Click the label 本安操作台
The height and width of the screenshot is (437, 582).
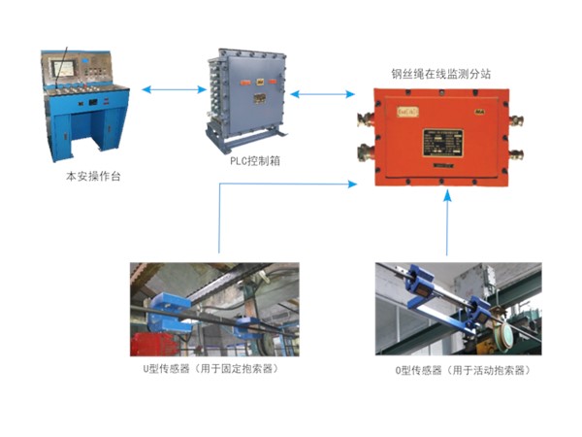click(93, 176)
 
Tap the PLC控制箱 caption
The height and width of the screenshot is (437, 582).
click(254, 161)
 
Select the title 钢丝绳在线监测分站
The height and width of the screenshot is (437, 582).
click(441, 74)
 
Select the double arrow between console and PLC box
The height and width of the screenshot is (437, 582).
click(174, 89)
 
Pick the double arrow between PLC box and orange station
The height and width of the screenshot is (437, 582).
click(322, 94)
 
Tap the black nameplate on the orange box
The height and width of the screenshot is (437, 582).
click(443, 143)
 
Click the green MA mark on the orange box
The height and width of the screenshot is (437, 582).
click(480, 111)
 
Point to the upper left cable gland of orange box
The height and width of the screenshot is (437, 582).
click(366, 118)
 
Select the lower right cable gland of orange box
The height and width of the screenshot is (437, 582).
click(516, 153)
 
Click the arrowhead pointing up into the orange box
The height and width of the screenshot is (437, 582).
click(448, 195)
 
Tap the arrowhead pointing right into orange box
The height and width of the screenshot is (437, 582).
click(351, 184)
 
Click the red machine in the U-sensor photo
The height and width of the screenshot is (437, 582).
click(151, 344)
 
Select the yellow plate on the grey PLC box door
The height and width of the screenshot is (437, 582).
click(259, 98)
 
